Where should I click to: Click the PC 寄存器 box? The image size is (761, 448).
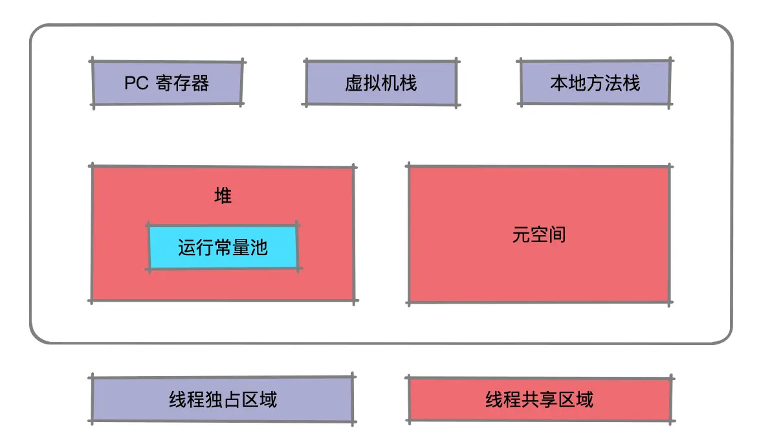point(167,83)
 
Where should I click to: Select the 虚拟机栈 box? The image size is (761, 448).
point(380,83)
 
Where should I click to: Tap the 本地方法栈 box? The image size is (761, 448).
point(595,83)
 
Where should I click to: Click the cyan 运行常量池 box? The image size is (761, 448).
point(223,247)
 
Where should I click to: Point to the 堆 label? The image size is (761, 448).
point(223,196)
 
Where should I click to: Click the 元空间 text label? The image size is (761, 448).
point(539,234)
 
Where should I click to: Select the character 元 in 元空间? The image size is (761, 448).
point(522,234)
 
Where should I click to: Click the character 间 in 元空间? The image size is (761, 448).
point(557,234)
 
